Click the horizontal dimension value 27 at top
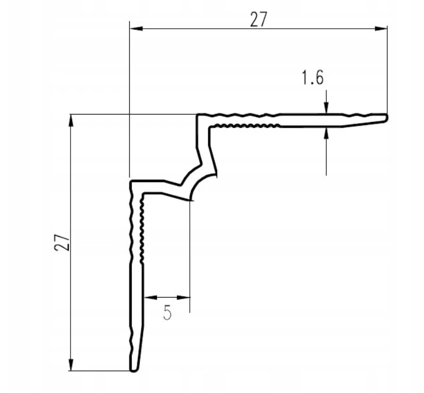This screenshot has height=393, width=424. coord(259,20)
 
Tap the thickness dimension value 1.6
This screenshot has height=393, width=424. coord(312,77)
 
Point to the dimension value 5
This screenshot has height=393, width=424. coord(167,312)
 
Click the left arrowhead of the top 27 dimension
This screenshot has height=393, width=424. coord(136,29)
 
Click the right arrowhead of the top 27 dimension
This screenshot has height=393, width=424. coord(381,29)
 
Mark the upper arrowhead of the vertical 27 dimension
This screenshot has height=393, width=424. coord(71,121)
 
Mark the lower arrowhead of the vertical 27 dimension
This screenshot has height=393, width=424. coord(71,364)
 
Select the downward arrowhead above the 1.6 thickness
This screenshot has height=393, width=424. coord(326,107)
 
